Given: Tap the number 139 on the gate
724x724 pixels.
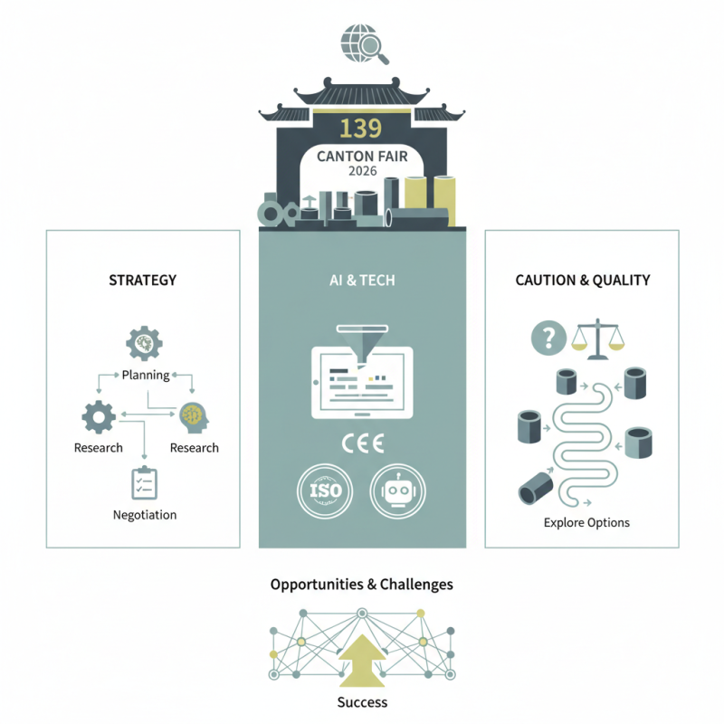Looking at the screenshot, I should (x=362, y=126).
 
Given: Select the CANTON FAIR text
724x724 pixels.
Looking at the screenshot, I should (x=362, y=157).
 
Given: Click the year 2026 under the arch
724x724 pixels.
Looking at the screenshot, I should (x=362, y=171).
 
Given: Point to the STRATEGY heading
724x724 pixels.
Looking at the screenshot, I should (x=142, y=280).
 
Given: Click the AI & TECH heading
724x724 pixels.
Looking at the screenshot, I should (x=362, y=281).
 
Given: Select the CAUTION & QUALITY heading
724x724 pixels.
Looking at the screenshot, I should (x=583, y=280).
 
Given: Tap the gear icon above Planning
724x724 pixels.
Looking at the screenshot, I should (x=143, y=344).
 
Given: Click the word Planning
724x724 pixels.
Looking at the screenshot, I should (x=146, y=375).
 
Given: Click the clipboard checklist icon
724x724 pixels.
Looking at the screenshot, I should (x=144, y=481).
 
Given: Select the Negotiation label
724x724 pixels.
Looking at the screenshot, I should (x=145, y=515).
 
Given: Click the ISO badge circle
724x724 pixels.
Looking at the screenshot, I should (x=325, y=491).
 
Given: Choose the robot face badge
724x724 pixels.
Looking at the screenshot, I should (x=399, y=491).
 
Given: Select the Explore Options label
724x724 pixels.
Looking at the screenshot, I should (x=586, y=522).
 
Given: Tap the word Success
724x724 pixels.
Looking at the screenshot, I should (x=362, y=702).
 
